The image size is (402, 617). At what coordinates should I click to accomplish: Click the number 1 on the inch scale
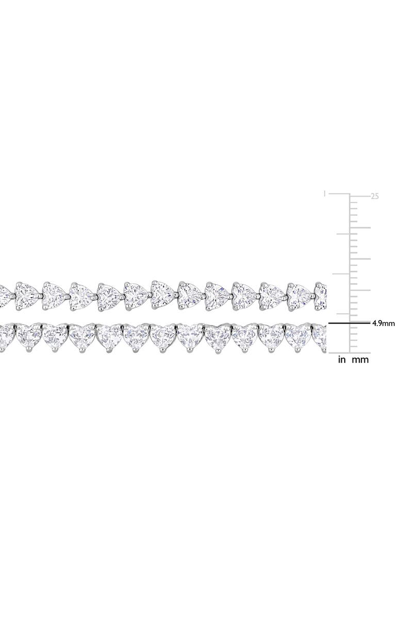point(324,193)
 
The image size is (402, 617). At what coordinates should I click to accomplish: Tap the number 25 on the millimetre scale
point(375,196)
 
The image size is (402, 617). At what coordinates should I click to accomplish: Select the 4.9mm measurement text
point(383,323)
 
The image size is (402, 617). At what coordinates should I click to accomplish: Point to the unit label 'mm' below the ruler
point(360,360)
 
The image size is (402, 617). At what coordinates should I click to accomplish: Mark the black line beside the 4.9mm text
point(350,323)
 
